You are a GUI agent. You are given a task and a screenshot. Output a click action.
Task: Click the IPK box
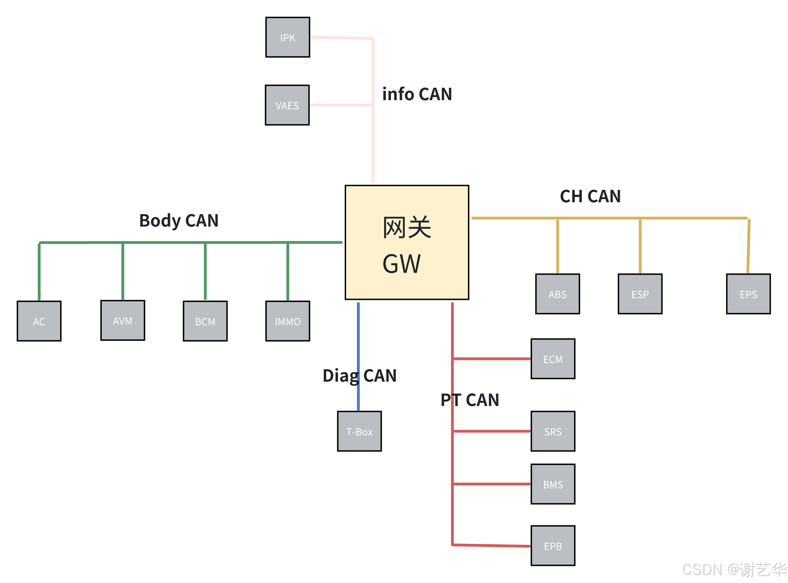pyautogui.click(x=288, y=37)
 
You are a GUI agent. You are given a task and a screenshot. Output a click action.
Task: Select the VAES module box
pyautogui.click(x=287, y=105)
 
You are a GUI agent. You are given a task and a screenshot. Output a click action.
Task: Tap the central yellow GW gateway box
pyautogui.click(x=407, y=243)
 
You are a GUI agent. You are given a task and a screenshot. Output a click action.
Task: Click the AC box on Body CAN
pyautogui.click(x=39, y=321)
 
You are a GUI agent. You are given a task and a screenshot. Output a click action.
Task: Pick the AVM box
pyautogui.click(x=123, y=321)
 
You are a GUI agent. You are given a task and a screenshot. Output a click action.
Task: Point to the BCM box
pyautogui.click(x=205, y=321)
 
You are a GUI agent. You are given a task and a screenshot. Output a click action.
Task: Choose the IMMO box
pyautogui.click(x=288, y=321)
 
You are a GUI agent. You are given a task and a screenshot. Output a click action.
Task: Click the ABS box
pyautogui.click(x=557, y=294)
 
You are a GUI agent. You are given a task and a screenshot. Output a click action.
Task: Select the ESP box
pyautogui.click(x=640, y=294)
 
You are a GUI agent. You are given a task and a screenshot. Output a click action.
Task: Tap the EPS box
pyautogui.click(x=748, y=294)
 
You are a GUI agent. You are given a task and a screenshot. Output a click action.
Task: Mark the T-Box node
pyautogui.click(x=359, y=431)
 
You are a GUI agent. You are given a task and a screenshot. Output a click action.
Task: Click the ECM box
pyautogui.click(x=553, y=359)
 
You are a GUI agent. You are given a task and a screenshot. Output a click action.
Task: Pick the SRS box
pyautogui.click(x=553, y=431)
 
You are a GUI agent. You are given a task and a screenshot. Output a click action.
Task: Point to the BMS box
pyautogui.click(x=553, y=484)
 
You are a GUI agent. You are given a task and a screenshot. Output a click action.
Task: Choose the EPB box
pyautogui.click(x=553, y=546)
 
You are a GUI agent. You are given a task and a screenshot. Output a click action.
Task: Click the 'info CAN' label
pyautogui.click(x=417, y=94)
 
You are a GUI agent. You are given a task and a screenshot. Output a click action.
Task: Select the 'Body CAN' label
pyautogui.click(x=179, y=220)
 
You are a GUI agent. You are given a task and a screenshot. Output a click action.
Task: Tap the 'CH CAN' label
pyautogui.click(x=590, y=196)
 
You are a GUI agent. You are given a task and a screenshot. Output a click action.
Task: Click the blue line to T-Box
pyautogui.click(x=358, y=339)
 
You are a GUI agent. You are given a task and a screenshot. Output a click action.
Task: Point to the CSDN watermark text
pyautogui.click(x=733, y=570)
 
